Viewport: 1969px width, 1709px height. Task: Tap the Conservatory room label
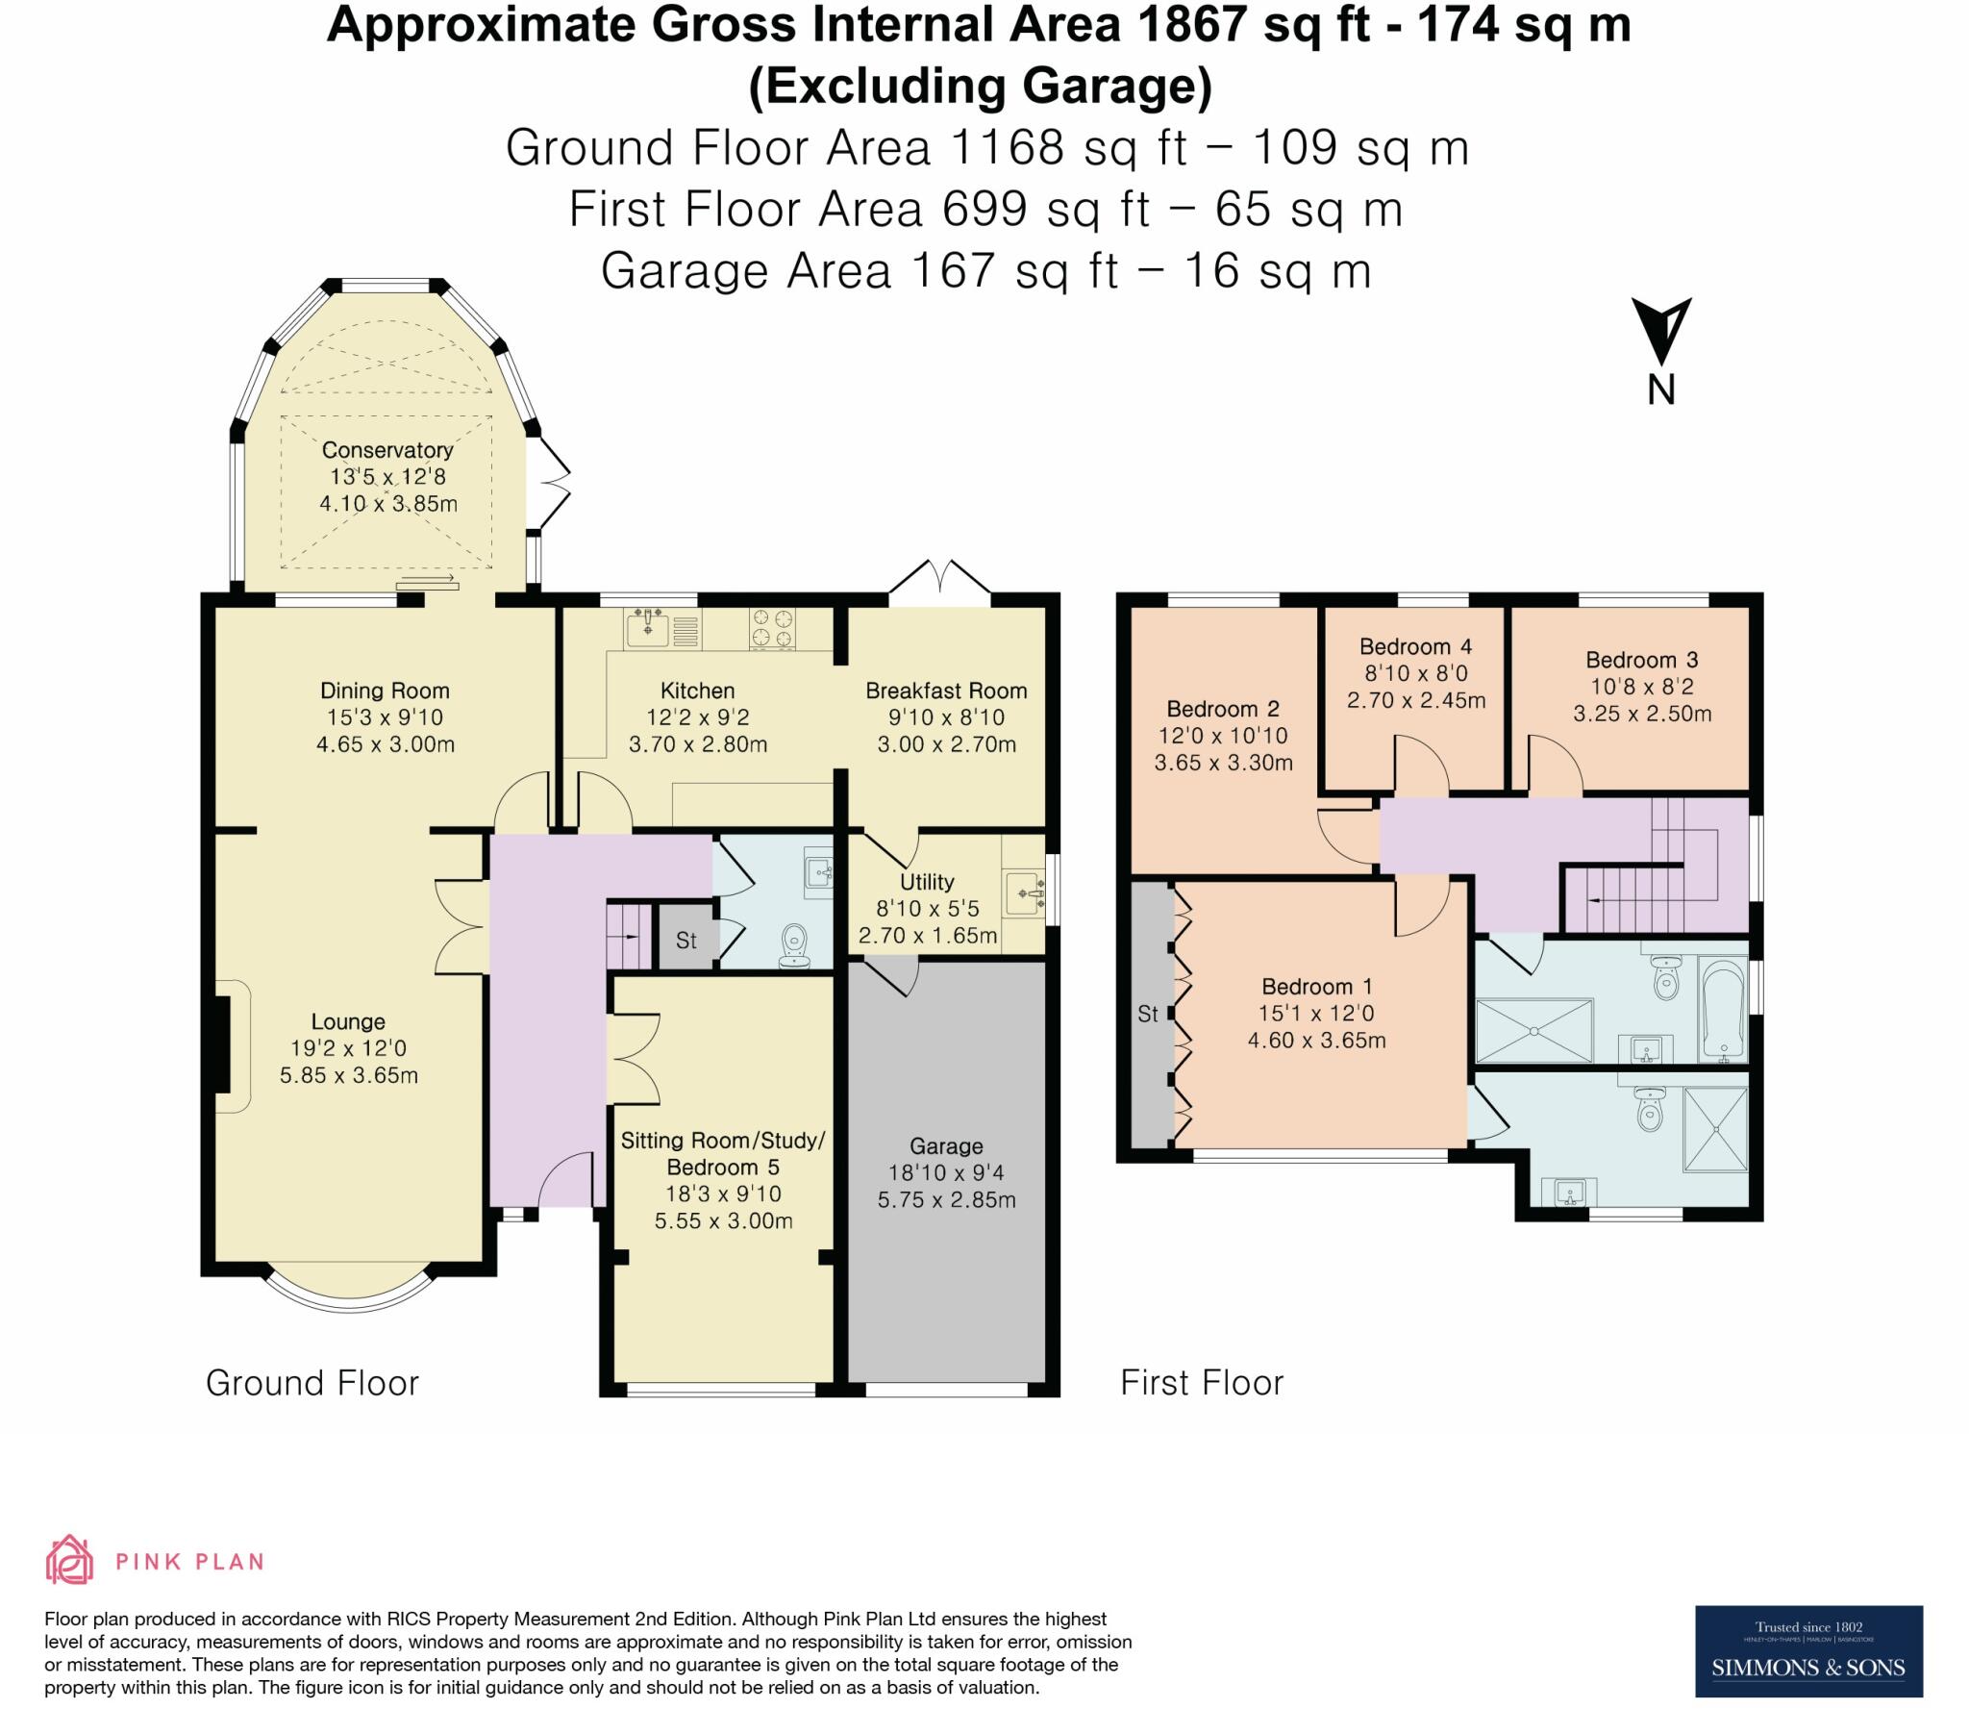(387, 450)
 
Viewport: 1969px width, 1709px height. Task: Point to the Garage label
(946, 1146)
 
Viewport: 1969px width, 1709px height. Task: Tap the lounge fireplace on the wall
(223, 1045)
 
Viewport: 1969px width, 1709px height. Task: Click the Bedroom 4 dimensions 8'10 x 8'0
(1415, 673)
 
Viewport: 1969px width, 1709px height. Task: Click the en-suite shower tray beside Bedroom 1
(1714, 1130)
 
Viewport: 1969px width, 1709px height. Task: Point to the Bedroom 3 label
(1641, 660)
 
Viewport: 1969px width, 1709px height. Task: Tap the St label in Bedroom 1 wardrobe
(1148, 1014)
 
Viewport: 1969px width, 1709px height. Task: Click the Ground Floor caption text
(312, 1383)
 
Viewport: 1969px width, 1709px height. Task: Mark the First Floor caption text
(1202, 1383)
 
